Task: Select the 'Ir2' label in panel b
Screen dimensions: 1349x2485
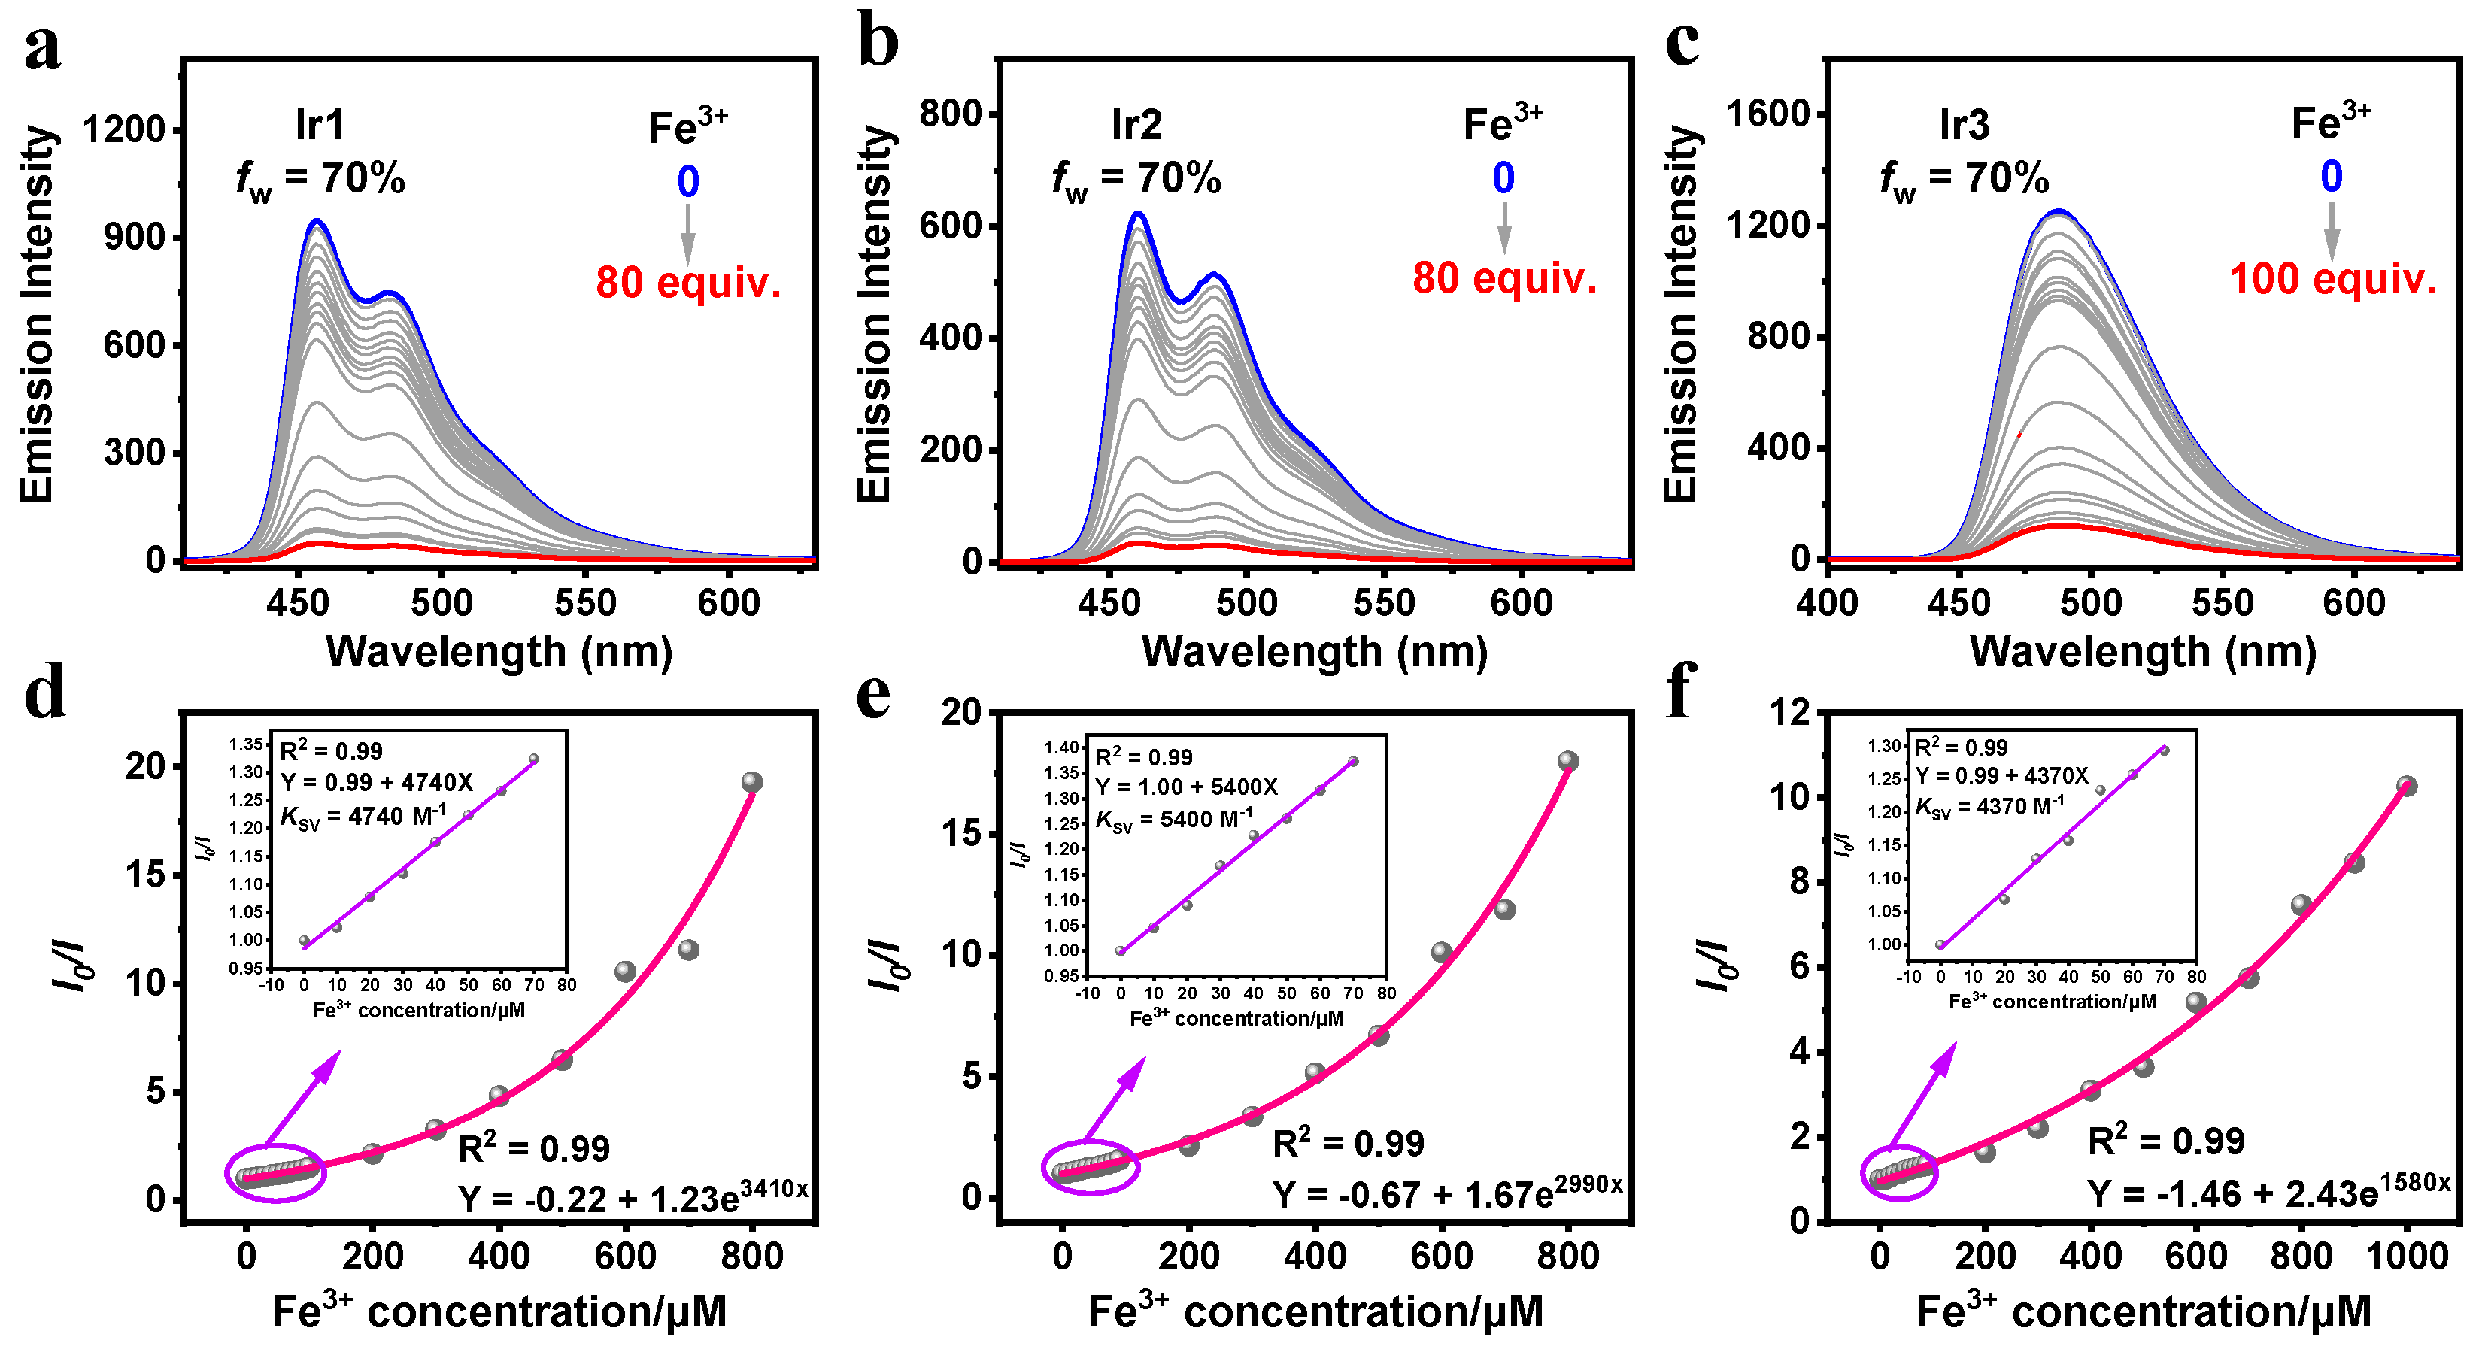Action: point(1136,126)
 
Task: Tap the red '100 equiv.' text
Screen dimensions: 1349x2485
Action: point(2332,280)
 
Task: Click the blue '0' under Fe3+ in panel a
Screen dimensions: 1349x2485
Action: point(687,181)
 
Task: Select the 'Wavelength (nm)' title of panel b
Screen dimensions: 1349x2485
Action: point(1314,652)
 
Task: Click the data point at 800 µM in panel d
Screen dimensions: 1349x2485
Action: point(752,782)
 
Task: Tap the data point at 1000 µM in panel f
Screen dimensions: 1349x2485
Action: point(2407,787)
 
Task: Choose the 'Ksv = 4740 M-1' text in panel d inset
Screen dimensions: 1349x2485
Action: point(363,817)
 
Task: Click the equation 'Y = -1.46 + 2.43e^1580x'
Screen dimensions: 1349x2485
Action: point(2269,1194)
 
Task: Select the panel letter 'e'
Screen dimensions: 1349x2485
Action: point(874,696)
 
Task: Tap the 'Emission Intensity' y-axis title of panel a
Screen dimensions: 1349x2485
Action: point(37,314)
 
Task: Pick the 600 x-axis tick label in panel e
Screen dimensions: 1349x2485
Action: point(1441,1257)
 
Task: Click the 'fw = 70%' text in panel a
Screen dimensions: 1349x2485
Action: point(320,180)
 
